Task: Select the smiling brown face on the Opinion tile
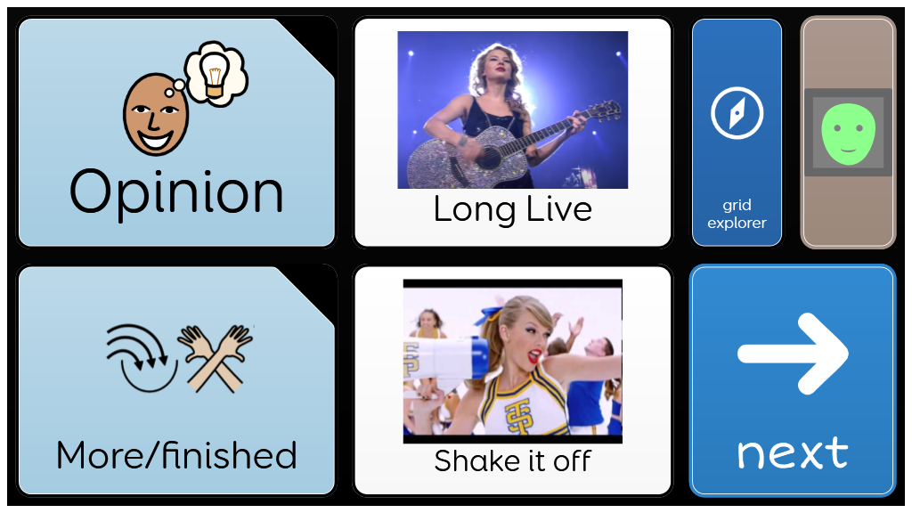155,115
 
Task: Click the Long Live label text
512,210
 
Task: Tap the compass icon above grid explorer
737,113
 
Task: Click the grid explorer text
737,214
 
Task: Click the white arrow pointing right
793,353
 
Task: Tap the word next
793,453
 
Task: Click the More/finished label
176,455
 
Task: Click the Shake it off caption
512,461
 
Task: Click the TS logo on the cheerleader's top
519,415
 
